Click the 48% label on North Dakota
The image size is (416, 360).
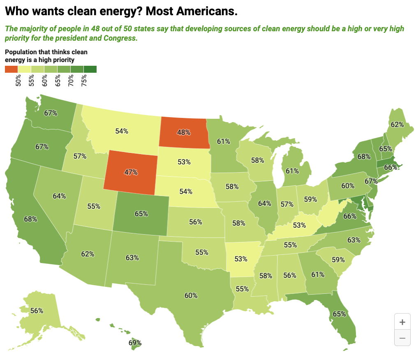183,132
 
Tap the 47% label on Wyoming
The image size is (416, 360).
130,172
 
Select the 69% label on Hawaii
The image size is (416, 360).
135,343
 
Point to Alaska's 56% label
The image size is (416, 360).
37,311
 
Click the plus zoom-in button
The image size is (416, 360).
402,322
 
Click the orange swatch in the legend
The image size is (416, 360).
11,69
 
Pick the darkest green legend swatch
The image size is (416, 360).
90,69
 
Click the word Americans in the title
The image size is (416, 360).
206,12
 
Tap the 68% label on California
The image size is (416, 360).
30,219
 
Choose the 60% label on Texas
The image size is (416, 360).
191,295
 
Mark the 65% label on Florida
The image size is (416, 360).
339,314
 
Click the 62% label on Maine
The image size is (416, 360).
397,124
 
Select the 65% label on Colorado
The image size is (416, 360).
141,214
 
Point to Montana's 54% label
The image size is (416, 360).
122,131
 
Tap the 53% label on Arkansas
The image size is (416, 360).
241,259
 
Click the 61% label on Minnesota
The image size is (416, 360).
223,141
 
